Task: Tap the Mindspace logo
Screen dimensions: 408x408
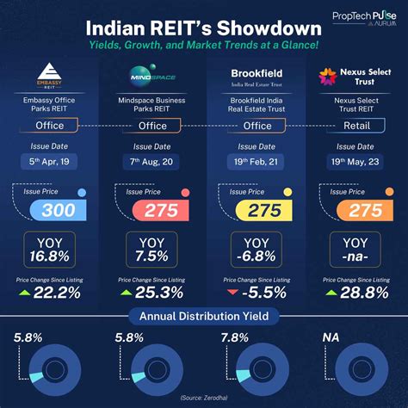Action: coord(151,72)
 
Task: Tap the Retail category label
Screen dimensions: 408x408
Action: coord(355,126)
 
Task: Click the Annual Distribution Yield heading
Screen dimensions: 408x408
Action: coord(204,316)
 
